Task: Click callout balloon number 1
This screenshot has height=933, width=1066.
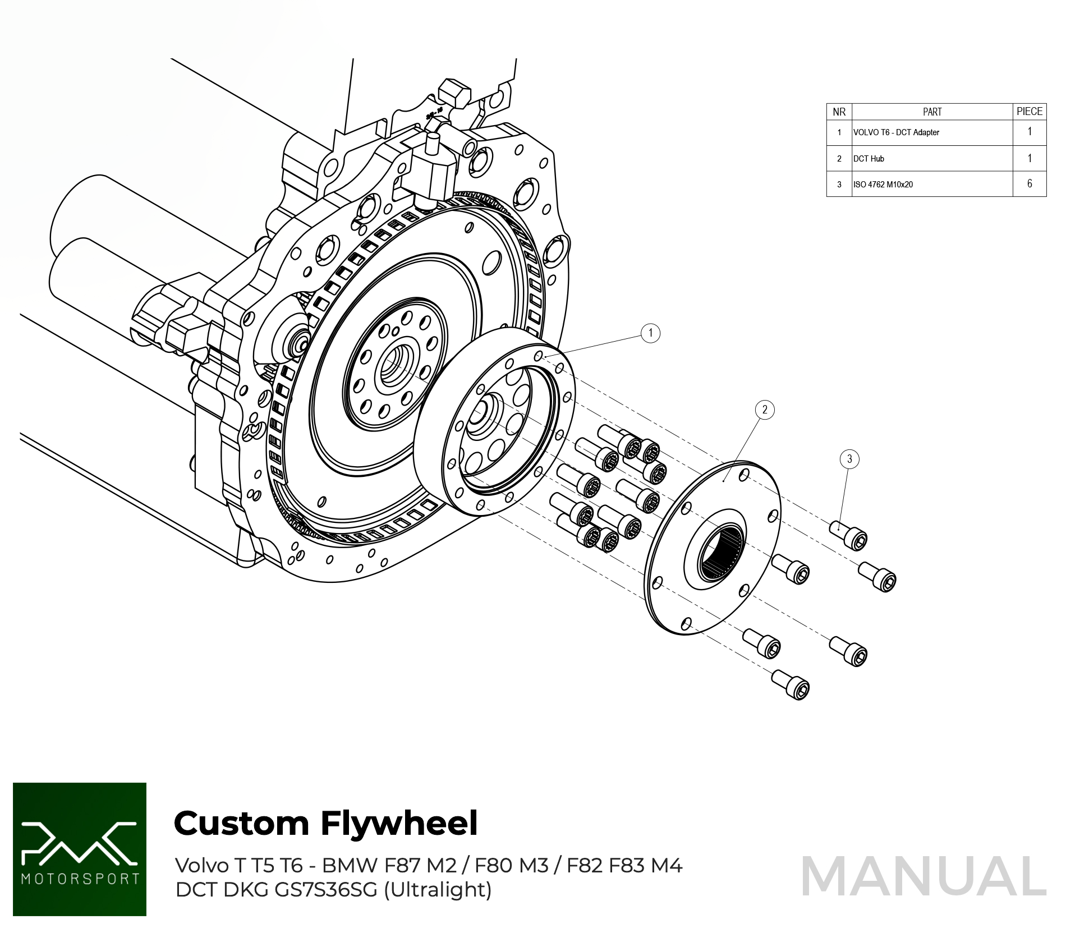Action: coord(650,333)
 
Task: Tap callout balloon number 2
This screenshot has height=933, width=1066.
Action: coord(765,410)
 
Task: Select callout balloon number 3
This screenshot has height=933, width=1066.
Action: coord(849,459)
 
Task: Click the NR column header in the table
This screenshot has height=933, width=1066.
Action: coord(839,112)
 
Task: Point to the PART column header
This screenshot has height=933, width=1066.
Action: coord(932,112)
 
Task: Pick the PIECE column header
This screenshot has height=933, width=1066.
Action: coord(1030,112)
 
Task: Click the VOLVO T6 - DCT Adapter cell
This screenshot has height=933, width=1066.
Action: coord(896,132)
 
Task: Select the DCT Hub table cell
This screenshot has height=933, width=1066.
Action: coord(869,159)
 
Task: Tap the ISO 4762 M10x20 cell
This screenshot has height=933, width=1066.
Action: coord(883,185)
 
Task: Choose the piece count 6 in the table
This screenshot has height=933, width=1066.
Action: coord(1030,184)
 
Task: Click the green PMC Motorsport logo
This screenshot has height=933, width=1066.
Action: coord(80,849)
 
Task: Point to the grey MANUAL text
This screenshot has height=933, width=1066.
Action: coord(923,876)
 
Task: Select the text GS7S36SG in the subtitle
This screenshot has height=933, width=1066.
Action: coord(325,890)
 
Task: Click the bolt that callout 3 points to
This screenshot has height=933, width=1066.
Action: coord(849,534)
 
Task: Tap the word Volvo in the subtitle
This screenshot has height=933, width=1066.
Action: coord(202,866)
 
